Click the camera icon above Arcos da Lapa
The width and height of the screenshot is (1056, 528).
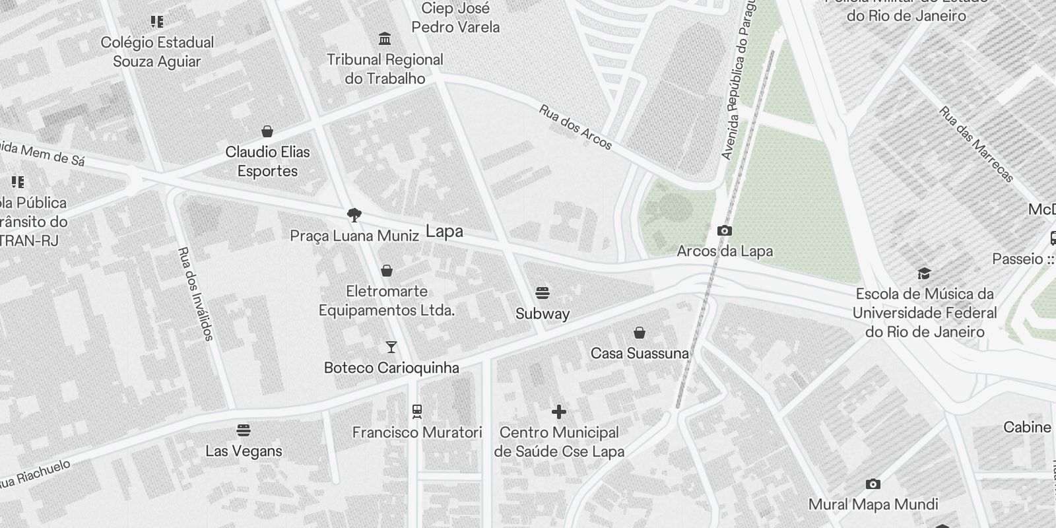(x=724, y=230)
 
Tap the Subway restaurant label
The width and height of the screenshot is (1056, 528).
(x=542, y=313)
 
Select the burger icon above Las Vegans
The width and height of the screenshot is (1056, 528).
(x=244, y=431)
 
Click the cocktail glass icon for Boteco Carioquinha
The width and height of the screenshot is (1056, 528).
(x=391, y=347)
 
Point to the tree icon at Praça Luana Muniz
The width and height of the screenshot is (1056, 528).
(x=354, y=214)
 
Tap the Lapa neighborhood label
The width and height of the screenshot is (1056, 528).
(x=444, y=232)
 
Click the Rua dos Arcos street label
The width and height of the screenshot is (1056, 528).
(x=576, y=127)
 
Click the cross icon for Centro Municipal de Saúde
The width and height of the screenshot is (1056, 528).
(x=558, y=412)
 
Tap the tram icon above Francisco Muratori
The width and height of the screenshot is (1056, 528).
(x=416, y=412)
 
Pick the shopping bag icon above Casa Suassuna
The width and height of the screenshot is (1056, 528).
(x=639, y=333)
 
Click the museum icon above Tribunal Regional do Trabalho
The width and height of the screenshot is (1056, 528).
(x=385, y=39)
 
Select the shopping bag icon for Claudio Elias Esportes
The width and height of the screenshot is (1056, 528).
(x=267, y=131)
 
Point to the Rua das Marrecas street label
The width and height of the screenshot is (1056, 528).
(x=976, y=145)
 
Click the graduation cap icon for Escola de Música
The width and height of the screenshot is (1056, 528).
(x=924, y=273)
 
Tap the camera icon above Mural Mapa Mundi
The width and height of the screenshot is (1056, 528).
(x=873, y=484)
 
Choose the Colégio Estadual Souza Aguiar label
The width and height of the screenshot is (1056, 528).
(x=157, y=51)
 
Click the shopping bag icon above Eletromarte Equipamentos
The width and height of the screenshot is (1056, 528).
(x=387, y=271)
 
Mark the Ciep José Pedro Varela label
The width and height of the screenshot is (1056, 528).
(x=455, y=18)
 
